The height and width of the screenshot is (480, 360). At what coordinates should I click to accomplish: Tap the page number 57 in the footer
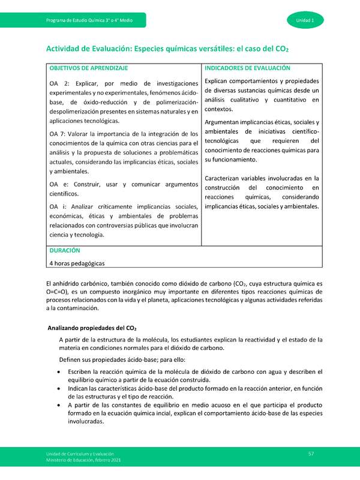pos(311,452)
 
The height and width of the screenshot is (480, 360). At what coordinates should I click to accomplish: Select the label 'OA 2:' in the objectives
pos(59,83)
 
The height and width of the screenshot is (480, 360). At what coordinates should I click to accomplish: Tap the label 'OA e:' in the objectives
pos(59,184)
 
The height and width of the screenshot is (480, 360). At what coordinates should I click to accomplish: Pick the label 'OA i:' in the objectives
pos(58,206)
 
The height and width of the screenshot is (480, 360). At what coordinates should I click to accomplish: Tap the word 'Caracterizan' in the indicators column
pos(225,178)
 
